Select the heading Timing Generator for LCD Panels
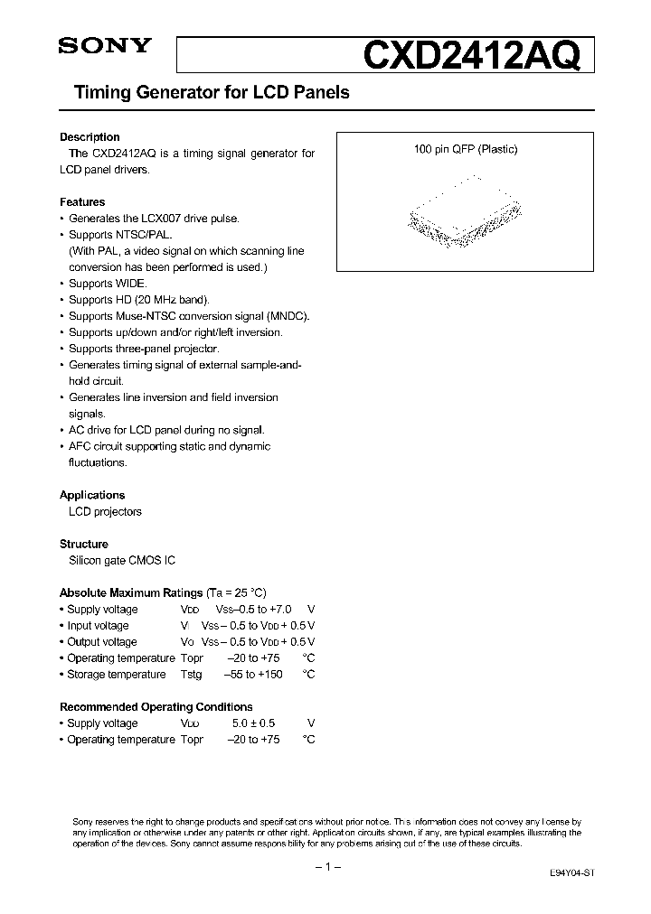pos(204,93)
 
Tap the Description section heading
pos(90,137)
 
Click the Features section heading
pos(82,202)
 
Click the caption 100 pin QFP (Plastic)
pos(466,150)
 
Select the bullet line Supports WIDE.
pos(108,284)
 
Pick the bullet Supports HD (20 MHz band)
pos(139,300)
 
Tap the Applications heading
pos(92,495)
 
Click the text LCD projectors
pos(105,511)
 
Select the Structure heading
pos(84,544)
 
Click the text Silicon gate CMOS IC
pos(122,560)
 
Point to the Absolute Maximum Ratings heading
pos(131,592)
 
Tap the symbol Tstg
pos(192,675)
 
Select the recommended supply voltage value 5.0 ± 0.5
pos(253,723)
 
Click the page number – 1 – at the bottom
pos(325,867)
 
